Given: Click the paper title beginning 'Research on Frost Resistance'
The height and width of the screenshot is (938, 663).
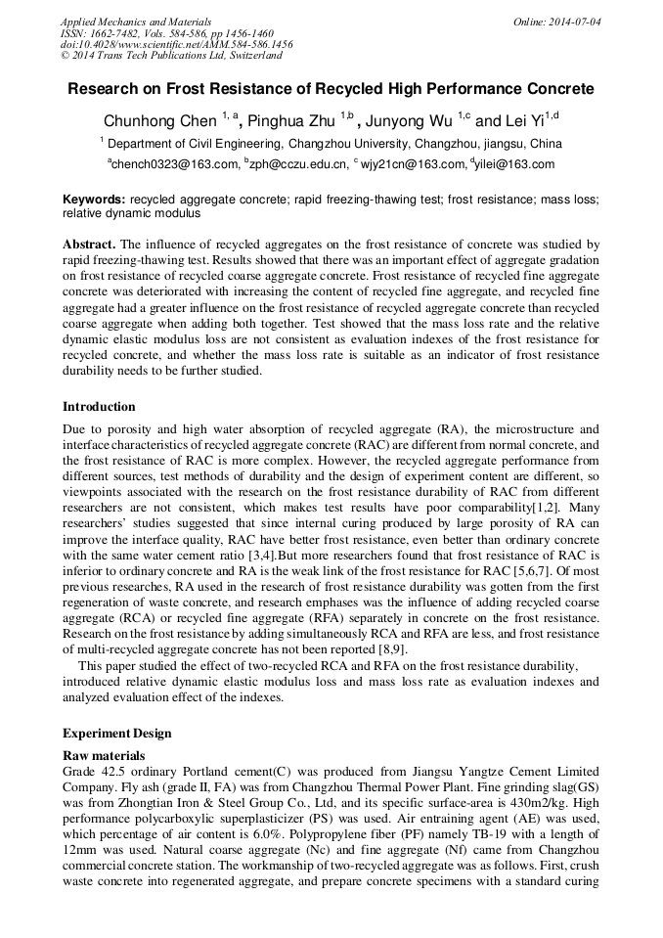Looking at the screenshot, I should tap(331, 89).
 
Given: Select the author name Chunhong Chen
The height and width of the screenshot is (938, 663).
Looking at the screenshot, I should tap(160, 121).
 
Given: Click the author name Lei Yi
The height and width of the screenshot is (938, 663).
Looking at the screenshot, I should tap(522, 121).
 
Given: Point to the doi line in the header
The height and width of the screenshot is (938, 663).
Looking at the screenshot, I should tap(176, 45).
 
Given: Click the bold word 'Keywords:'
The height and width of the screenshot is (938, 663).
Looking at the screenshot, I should tap(94, 199).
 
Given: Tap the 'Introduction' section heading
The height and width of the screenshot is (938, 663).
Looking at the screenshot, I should tap(99, 407).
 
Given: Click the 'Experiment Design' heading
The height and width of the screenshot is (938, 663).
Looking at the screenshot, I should tap(116, 734).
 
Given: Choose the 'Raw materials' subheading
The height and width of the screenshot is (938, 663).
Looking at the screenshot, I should tap(104, 756).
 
